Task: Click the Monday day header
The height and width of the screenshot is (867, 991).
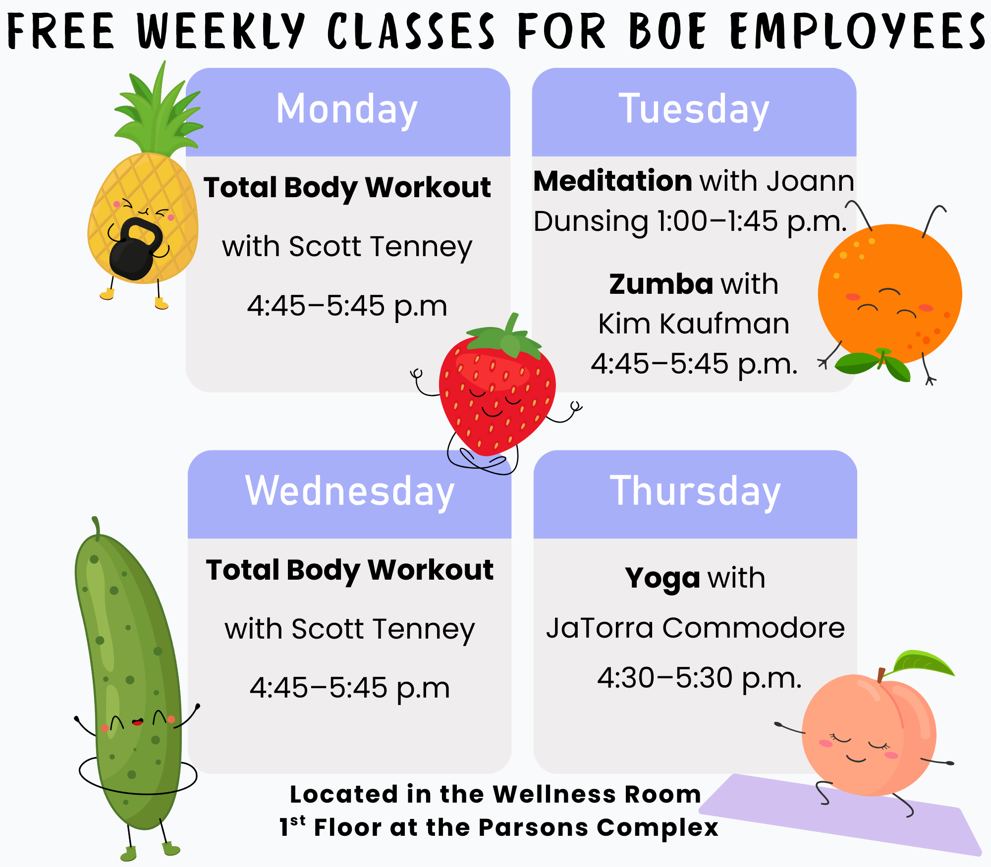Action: (x=347, y=110)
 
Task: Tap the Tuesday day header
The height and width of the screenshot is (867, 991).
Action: (x=694, y=110)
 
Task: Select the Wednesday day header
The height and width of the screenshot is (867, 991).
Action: (x=349, y=491)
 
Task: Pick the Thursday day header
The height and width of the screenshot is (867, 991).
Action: (x=695, y=491)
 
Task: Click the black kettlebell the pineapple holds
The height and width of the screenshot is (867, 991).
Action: (x=135, y=250)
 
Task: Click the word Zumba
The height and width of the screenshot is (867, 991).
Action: (x=661, y=284)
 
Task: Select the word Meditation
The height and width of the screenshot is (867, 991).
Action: (x=612, y=181)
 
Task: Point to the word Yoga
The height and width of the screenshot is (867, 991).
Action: (x=662, y=578)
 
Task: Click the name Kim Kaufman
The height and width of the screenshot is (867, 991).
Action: (x=694, y=324)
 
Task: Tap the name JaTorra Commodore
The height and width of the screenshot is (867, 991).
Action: (x=695, y=628)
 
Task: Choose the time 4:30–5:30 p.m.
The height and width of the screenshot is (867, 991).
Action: (x=699, y=678)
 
